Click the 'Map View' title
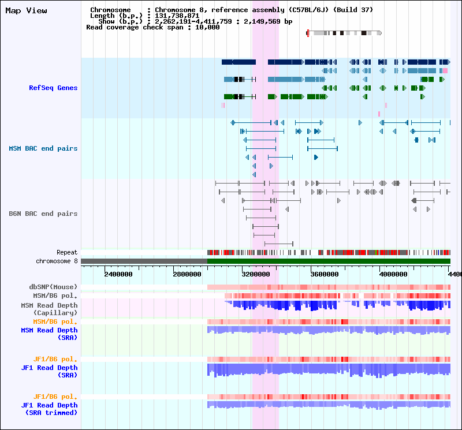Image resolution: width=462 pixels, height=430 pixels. point(26,10)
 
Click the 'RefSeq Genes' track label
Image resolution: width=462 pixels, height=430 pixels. point(53,88)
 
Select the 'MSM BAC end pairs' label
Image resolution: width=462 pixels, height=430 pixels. point(43,148)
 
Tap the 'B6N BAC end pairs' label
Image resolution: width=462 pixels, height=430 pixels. point(43,214)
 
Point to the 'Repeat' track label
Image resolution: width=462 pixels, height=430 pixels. point(67,252)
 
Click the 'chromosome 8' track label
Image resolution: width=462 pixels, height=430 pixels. point(57,261)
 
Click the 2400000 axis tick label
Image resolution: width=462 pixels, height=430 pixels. point(118,274)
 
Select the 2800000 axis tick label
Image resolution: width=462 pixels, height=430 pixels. point(187,274)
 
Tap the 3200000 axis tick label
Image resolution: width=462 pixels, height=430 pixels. point(256,274)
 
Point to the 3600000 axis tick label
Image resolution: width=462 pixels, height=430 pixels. point(325,274)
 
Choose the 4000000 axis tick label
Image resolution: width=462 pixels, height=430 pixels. point(393,274)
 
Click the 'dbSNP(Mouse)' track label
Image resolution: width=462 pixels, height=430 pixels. point(53,287)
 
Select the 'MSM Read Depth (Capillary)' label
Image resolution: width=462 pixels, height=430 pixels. point(49,309)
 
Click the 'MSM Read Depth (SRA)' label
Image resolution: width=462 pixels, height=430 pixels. point(49,334)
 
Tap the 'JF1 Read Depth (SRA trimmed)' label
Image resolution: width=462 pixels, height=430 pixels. point(49,409)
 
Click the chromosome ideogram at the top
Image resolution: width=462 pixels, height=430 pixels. point(344,33)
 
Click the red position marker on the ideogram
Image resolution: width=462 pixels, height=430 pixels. point(308,33)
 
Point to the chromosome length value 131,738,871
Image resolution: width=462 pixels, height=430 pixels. point(177,16)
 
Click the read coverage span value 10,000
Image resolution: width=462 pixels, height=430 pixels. point(207,27)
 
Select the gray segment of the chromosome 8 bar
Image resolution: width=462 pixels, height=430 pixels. point(144,261)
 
